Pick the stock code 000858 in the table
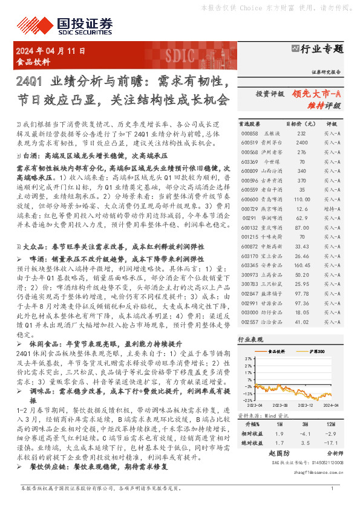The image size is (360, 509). coord(249,133)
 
